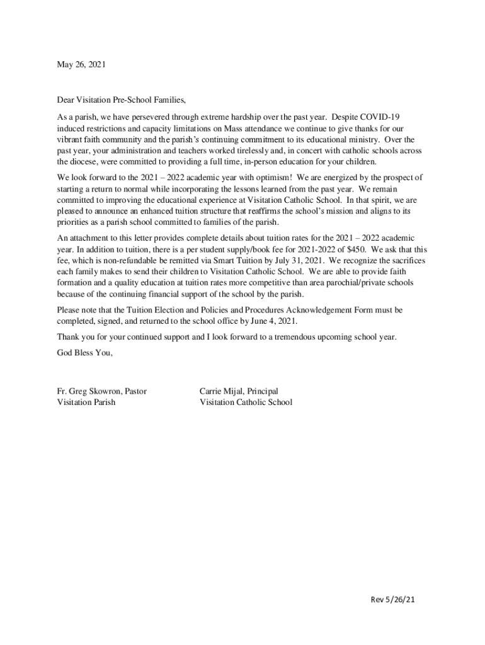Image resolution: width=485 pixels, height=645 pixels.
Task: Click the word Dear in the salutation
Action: (66, 100)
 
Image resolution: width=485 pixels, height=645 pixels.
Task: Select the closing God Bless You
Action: (85, 353)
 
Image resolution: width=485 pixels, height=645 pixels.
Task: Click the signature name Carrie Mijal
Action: (224, 391)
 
